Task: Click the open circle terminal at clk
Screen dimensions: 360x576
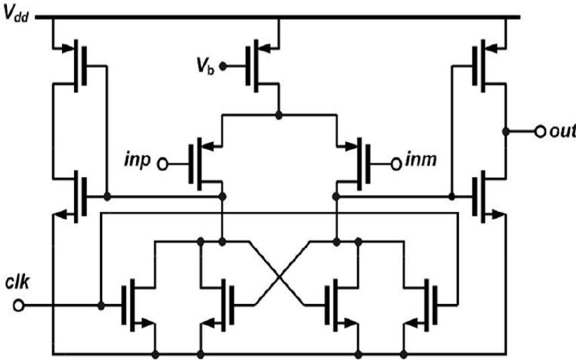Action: (19, 306)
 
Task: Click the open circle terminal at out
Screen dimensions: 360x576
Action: (540, 132)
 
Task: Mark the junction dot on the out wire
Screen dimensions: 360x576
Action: (505, 132)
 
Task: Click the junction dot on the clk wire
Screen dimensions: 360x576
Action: (101, 306)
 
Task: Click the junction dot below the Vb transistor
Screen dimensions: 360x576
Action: (279, 115)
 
